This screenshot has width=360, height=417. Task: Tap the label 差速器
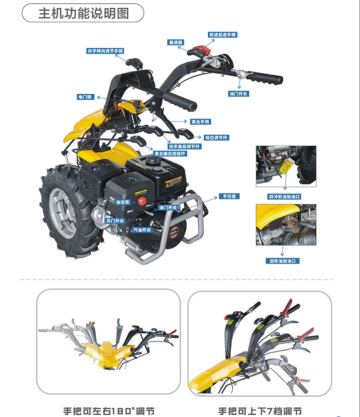pos(175,42)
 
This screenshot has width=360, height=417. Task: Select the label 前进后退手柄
pos(222,35)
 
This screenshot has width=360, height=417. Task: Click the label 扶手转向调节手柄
pos(106,51)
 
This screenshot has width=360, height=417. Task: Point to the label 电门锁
pos(85,97)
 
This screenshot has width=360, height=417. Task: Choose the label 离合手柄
pos(201,122)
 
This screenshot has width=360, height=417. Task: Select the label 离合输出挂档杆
pos(170,154)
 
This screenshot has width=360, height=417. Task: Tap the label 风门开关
pos(115,220)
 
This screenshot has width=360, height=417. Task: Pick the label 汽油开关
pos(142,230)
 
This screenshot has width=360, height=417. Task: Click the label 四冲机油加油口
pos(285,196)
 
